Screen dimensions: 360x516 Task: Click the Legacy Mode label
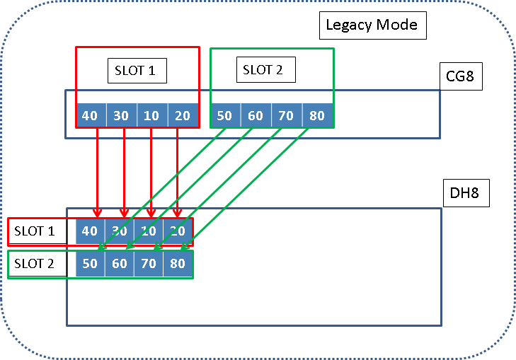coord(372,26)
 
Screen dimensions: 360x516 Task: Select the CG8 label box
coord(460,76)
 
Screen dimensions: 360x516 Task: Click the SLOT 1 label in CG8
coord(140,71)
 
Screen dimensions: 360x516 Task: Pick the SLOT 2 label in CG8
coord(263,69)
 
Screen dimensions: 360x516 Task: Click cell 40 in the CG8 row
coord(90,115)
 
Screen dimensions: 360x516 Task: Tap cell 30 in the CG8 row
coord(121,115)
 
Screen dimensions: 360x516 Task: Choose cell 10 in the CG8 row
coord(151,115)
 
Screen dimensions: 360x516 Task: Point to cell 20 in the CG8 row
coord(183,115)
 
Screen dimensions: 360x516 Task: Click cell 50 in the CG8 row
coord(224,115)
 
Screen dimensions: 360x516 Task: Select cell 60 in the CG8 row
coord(256,115)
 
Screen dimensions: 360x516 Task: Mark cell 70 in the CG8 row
coord(286,115)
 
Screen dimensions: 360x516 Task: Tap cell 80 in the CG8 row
coord(317,115)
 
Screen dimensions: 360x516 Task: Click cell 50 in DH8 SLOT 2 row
coord(90,264)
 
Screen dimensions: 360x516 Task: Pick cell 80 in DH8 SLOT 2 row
coord(177,264)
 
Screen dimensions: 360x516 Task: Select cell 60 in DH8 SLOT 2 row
coord(119,264)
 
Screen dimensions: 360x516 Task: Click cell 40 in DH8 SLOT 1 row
coord(90,231)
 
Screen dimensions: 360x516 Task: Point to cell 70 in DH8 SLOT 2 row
coord(148,264)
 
